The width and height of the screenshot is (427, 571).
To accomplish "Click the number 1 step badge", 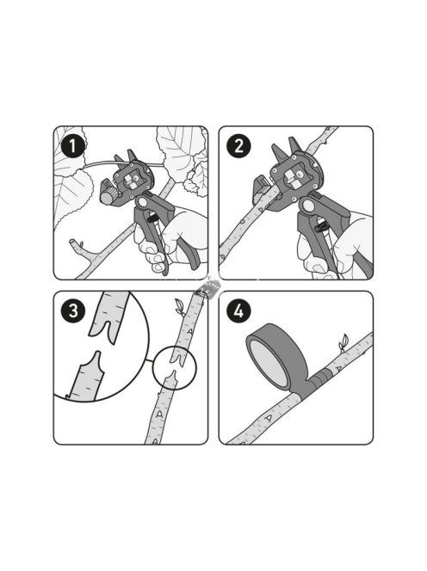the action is tap(73, 145).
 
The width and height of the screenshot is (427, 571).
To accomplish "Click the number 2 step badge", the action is tap(238, 145).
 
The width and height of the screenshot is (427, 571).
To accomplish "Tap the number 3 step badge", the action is tap(73, 311).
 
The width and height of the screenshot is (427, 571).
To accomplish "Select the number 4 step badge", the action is tap(238, 311).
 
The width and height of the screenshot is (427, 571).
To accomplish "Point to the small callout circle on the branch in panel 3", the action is tap(174, 368).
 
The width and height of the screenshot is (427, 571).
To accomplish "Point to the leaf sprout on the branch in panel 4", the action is tap(343, 343).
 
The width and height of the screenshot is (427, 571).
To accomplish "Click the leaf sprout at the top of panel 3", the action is tap(180, 307).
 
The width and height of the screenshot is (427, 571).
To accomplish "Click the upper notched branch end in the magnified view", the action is tap(108, 317).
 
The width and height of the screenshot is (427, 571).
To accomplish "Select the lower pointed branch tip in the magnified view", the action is tap(88, 376).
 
